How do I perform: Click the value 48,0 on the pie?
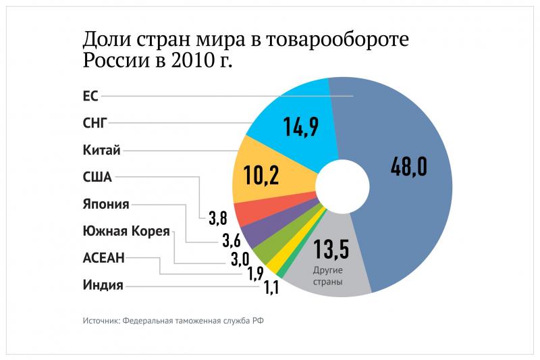pyautogui.click(x=408, y=165)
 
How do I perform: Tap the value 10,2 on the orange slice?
pyautogui.click(x=262, y=175)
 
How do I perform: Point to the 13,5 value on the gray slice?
pyautogui.click(x=330, y=250)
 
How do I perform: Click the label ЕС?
pyautogui.click(x=90, y=96)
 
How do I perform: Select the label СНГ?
pyautogui.click(x=94, y=123)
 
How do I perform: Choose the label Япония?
pyautogui.click(x=105, y=204)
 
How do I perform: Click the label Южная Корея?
pyautogui.click(x=126, y=231)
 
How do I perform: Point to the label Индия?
pyautogui.click(x=103, y=284)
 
